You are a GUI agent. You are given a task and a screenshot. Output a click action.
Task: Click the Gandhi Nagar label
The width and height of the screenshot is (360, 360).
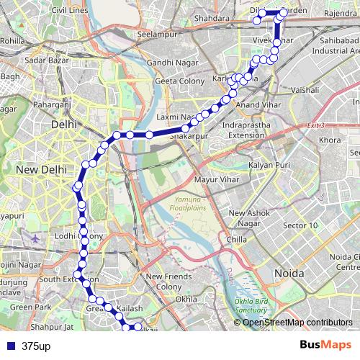pyautogui.click(x=171, y=63)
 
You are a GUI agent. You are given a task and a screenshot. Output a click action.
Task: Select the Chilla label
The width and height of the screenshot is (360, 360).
pyautogui.click(x=237, y=239)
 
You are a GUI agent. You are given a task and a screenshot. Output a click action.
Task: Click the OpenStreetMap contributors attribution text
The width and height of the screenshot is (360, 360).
pyautogui.click(x=297, y=323)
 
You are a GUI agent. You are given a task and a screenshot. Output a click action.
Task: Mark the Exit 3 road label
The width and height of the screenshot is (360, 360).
pyautogui.click(x=316, y=126)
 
